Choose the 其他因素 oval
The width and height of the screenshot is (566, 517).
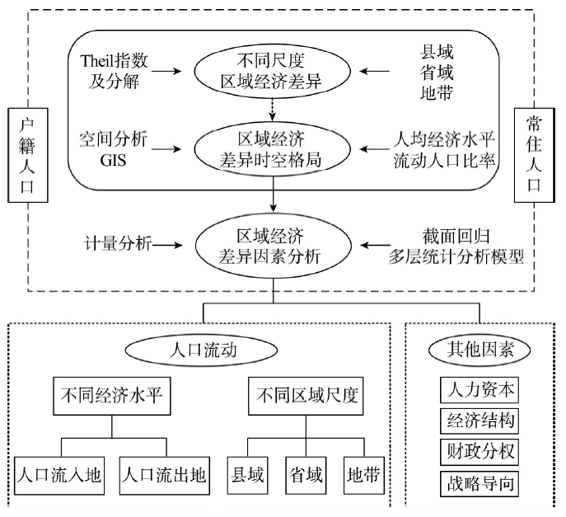point(479,349)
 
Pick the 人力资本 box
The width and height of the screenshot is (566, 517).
point(478,388)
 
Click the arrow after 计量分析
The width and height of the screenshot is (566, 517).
point(169,244)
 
